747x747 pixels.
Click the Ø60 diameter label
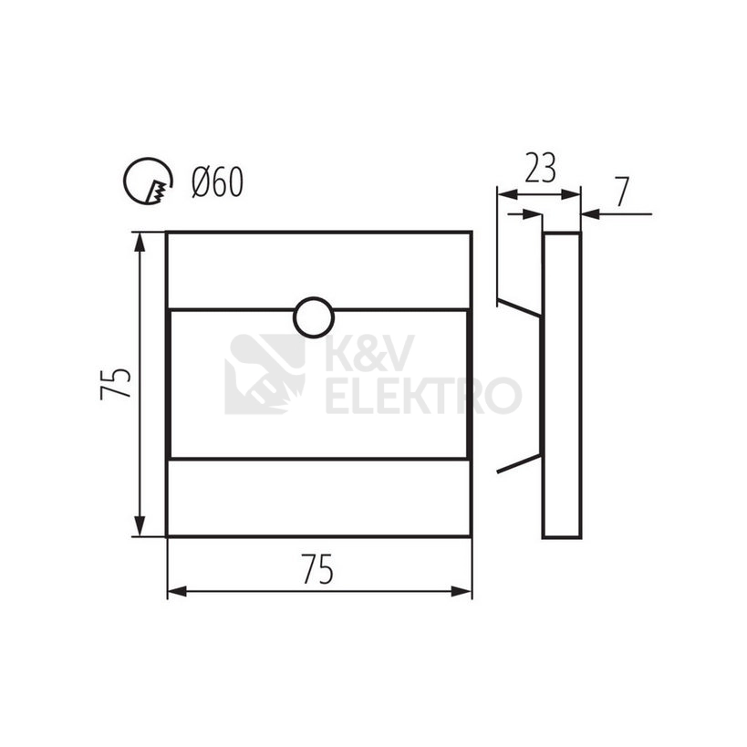(217, 182)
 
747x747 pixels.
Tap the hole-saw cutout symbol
(148, 181)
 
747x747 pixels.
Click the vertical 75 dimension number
(116, 383)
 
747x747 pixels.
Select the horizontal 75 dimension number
(317, 569)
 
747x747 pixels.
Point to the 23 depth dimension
(540, 168)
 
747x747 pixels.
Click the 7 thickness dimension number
(622, 192)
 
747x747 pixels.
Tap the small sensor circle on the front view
(314, 317)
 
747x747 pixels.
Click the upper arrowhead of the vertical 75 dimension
(140, 243)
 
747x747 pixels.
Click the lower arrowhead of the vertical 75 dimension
(140, 526)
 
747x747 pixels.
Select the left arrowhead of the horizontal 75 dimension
(177, 592)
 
